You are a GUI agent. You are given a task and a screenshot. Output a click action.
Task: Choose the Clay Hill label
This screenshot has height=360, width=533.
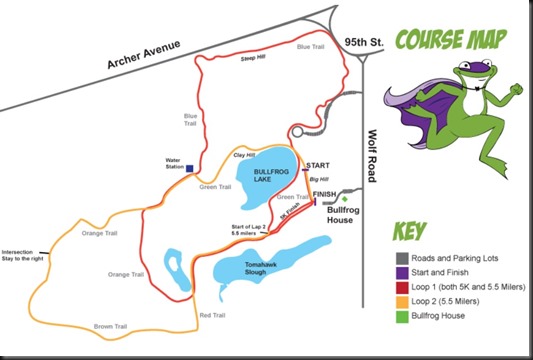pyautogui.click(x=246, y=155)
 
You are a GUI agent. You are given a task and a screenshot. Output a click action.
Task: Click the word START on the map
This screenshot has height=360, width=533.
pyautogui.click(x=318, y=165)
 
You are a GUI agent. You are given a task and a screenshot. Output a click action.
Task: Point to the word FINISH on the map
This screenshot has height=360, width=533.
pyautogui.click(x=325, y=193)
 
